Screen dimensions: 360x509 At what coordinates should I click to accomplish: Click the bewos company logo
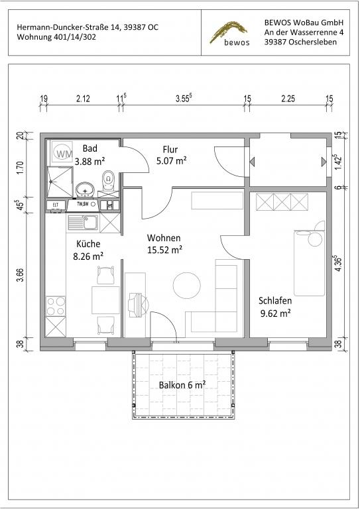(230, 33)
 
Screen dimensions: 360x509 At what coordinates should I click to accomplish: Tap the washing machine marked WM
(62, 152)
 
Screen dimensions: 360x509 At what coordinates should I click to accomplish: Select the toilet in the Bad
(109, 181)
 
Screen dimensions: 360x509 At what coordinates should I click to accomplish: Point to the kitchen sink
(83, 223)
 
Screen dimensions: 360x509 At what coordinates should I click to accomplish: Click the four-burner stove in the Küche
(56, 306)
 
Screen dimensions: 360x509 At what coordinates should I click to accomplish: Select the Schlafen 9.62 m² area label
(275, 307)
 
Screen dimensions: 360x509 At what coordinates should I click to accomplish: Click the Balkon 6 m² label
(182, 385)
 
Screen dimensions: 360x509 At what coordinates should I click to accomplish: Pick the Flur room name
(170, 150)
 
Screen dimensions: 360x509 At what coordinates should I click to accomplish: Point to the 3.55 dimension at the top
(184, 98)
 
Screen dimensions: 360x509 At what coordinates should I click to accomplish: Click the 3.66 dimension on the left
(20, 275)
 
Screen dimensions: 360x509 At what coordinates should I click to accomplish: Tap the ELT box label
(56, 205)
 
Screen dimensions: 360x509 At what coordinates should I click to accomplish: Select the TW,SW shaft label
(83, 204)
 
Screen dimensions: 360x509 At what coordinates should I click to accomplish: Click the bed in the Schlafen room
(309, 263)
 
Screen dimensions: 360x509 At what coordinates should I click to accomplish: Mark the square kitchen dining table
(105, 300)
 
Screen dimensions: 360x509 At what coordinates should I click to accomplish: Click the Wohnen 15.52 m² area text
(164, 244)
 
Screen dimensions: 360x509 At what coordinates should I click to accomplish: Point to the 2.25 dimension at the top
(288, 99)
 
